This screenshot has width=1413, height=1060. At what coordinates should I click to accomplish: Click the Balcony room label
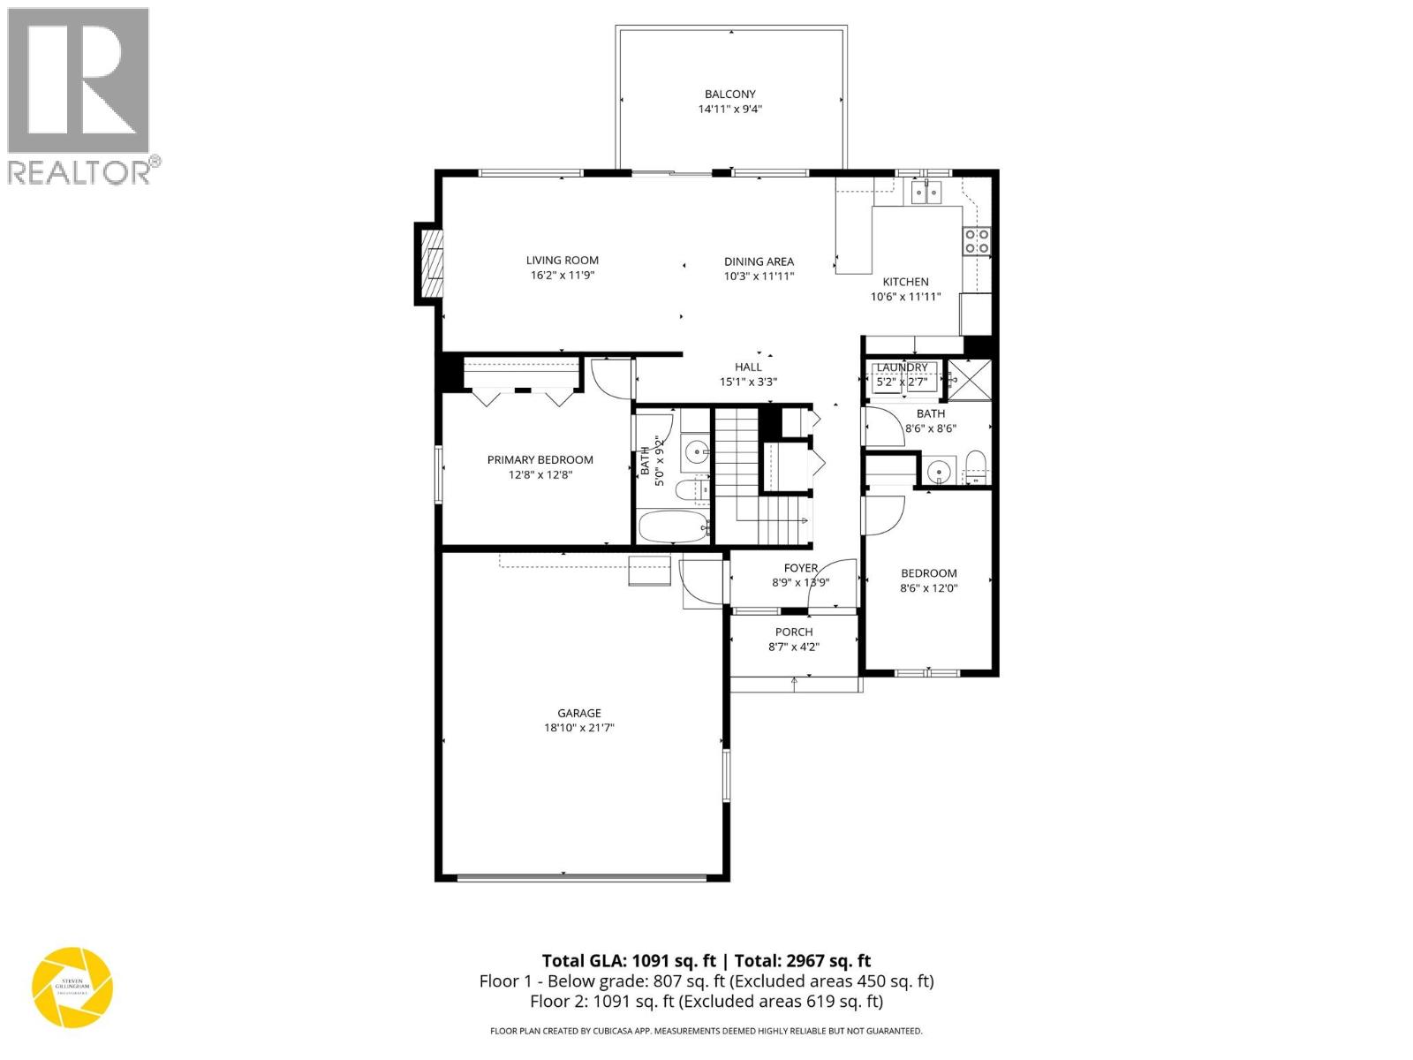tap(729, 94)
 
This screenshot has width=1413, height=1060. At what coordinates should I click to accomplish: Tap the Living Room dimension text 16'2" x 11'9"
tap(562, 276)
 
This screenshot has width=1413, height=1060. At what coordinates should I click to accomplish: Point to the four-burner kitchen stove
tap(976, 240)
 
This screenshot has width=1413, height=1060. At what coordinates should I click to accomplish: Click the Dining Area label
tap(759, 261)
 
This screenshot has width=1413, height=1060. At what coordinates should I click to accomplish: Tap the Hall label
tap(748, 367)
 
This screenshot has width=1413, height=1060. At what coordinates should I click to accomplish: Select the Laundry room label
tap(902, 367)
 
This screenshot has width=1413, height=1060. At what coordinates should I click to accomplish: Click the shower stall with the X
tap(970, 380)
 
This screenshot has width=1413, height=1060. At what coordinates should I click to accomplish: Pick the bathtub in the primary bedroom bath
tap(673, 527)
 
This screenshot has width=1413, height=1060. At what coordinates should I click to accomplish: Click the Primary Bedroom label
tap(540, 459)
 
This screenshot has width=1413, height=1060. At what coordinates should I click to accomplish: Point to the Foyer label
tap(800, 568)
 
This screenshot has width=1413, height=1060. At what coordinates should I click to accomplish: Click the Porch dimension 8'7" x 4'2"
tap(794, 647)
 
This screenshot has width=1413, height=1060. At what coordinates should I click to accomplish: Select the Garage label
tap(578, 713)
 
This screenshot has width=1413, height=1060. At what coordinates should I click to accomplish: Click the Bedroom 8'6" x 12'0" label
tap(928, 573)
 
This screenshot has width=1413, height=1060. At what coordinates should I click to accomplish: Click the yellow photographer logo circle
tap(72, 987)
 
